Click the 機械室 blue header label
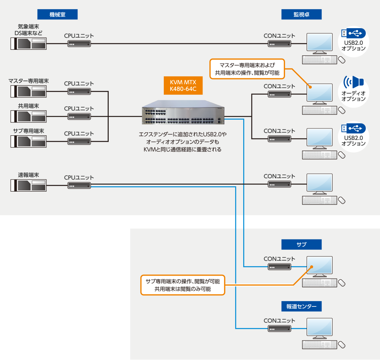pyautogui.click(x=57, y=14)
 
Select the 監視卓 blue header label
pyautogui.click(x=301, y=14)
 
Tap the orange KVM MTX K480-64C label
pyautogui.click(x=183, y=86)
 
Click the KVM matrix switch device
pyautogui.click(x=183, y=112)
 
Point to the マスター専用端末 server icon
pyautogui.click(x=28, y=91)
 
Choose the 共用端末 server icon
pyautogui.click(x=28, y=116)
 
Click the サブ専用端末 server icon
pyautogui.click(x=28, y=141)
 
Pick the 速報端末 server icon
pyautogui.click(x=28, y=186)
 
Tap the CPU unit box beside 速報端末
pyautogui.click(x=79, y=186)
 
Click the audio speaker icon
pyautogui.click(x=353, y=82)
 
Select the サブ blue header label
pyautogui.click(x=301, y=244)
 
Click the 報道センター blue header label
pyautogui.click(x=301, y=306)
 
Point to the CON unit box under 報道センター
pyautogui.click(x=279, y=329)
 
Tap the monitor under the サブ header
pyautogui.click(x=320, y=266)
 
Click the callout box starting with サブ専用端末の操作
pyautogui.click(x=183, y=285)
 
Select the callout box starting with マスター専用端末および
pyautogui.click(x=247, y=69)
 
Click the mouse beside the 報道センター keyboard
pyautogui.click(x=342, y=344)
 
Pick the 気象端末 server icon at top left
pyautogui.click(x=28, y=44)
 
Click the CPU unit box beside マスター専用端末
pyautogui.click(x=79, y=92)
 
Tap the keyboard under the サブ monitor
pyautogui.click(x=320, y=283)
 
